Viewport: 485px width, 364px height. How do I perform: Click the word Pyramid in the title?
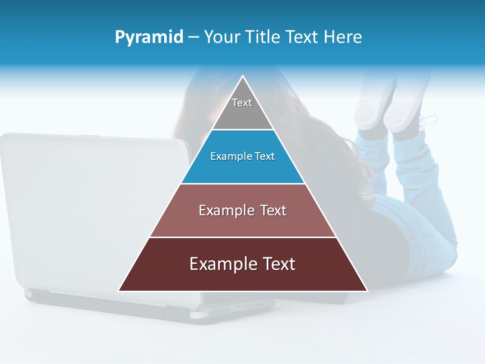(149, 37)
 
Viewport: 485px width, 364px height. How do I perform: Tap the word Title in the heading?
(263, 37)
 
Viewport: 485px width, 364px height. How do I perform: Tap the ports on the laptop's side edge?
(253, 306)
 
